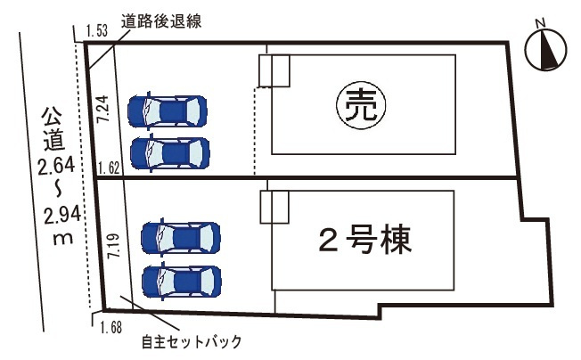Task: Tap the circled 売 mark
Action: point(355,105)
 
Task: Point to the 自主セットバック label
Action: point(191,341)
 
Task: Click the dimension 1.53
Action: point(96,32)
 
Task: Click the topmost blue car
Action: point(167,110)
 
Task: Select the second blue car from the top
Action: point(168,152)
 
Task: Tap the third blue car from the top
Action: point(181,239)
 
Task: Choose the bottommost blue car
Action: point(181,282)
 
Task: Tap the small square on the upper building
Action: point(274,71)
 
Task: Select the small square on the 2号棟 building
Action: point(274,207)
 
